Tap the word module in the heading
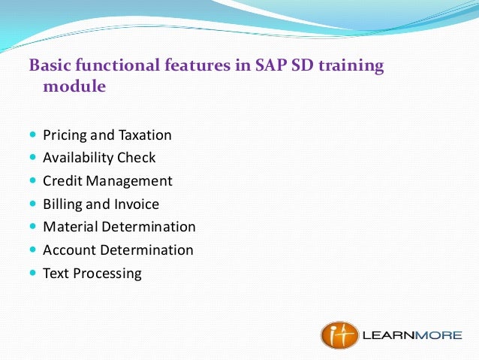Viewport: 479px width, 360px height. point(74,87)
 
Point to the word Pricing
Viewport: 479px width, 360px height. point(65,135)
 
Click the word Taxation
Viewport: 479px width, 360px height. point(144,135)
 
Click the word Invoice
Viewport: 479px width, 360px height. point(136,204)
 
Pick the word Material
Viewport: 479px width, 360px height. point(70,227)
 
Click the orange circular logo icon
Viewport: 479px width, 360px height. point(339,334)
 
